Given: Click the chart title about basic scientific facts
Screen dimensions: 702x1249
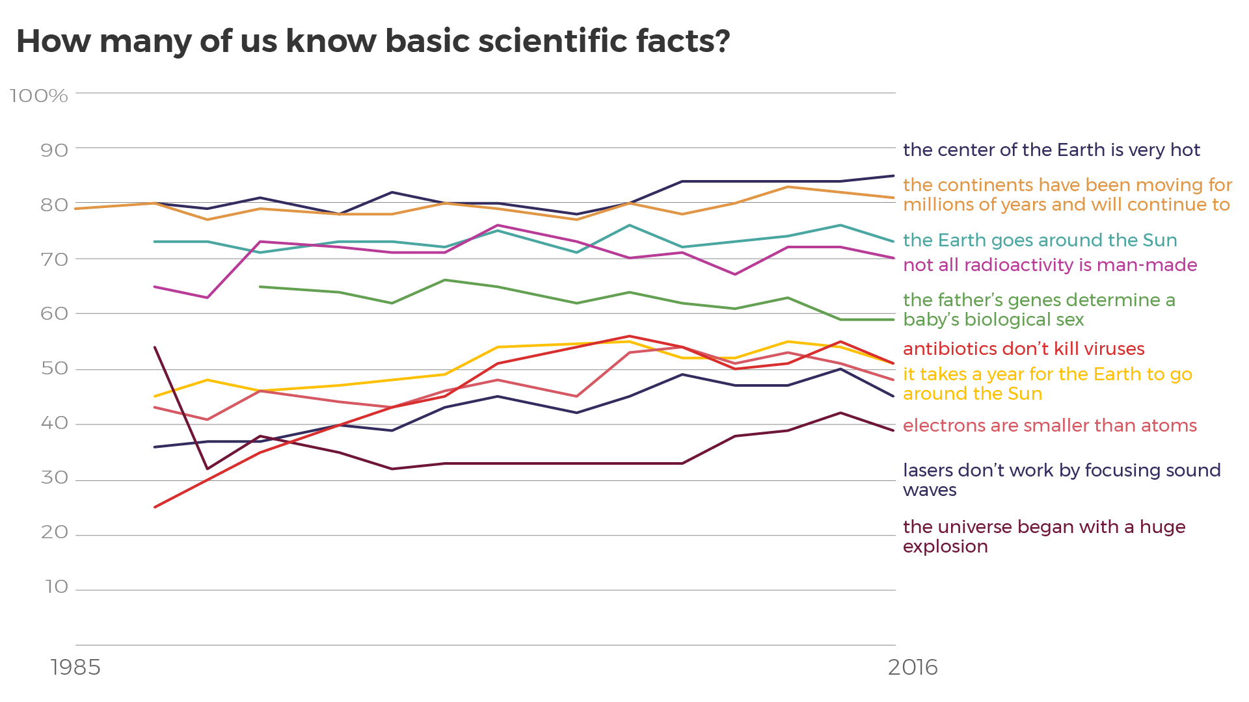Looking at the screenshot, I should tap(373, 42).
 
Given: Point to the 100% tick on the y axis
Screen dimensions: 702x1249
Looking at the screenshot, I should tap(39, 96).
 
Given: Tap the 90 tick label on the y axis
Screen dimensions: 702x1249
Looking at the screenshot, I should tap(54, 151).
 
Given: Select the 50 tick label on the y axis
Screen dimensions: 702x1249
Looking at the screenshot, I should tap(54, 369).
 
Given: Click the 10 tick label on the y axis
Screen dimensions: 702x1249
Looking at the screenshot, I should tap(57, 587).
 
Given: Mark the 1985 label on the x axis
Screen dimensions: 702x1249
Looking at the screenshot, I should tap(76, 667).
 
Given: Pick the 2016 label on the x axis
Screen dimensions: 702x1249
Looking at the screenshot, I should tap(913, 667).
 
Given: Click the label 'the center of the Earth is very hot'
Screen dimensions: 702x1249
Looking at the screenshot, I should tap(1051, 150).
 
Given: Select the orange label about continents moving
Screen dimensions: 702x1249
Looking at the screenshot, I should tap(1067, 195).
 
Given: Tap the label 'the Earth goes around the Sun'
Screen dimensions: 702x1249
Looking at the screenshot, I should tap(1040, 240).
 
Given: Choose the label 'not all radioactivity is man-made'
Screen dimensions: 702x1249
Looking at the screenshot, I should tap(1050, 265).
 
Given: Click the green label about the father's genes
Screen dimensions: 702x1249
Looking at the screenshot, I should tap(1038, 310).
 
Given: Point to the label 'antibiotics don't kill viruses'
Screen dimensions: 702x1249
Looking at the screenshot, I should tap(1023, 349).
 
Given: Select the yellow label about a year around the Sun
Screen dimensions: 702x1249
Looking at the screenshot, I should tap(1047, 384).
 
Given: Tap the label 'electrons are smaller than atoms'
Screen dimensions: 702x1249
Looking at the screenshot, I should tap(1049, 426).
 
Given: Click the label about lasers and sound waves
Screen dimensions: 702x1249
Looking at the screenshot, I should tap(1061, 480).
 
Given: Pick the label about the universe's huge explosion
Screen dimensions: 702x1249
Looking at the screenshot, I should tap(1043, 536).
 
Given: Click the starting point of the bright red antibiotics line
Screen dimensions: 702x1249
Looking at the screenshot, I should tap(155, 508).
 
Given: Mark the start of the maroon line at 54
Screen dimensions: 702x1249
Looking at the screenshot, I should tap(155, 347).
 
